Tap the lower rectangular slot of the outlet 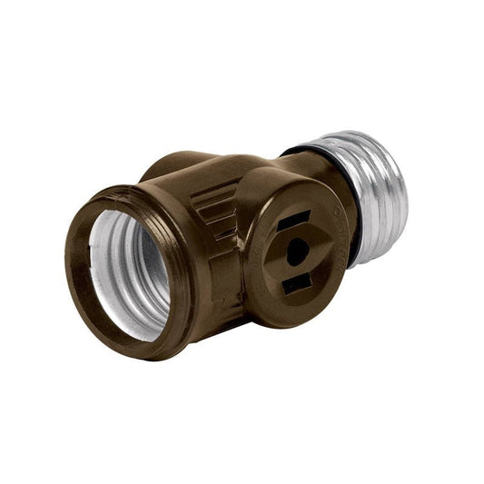coord(296,284)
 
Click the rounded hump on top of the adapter coord(173,166)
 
